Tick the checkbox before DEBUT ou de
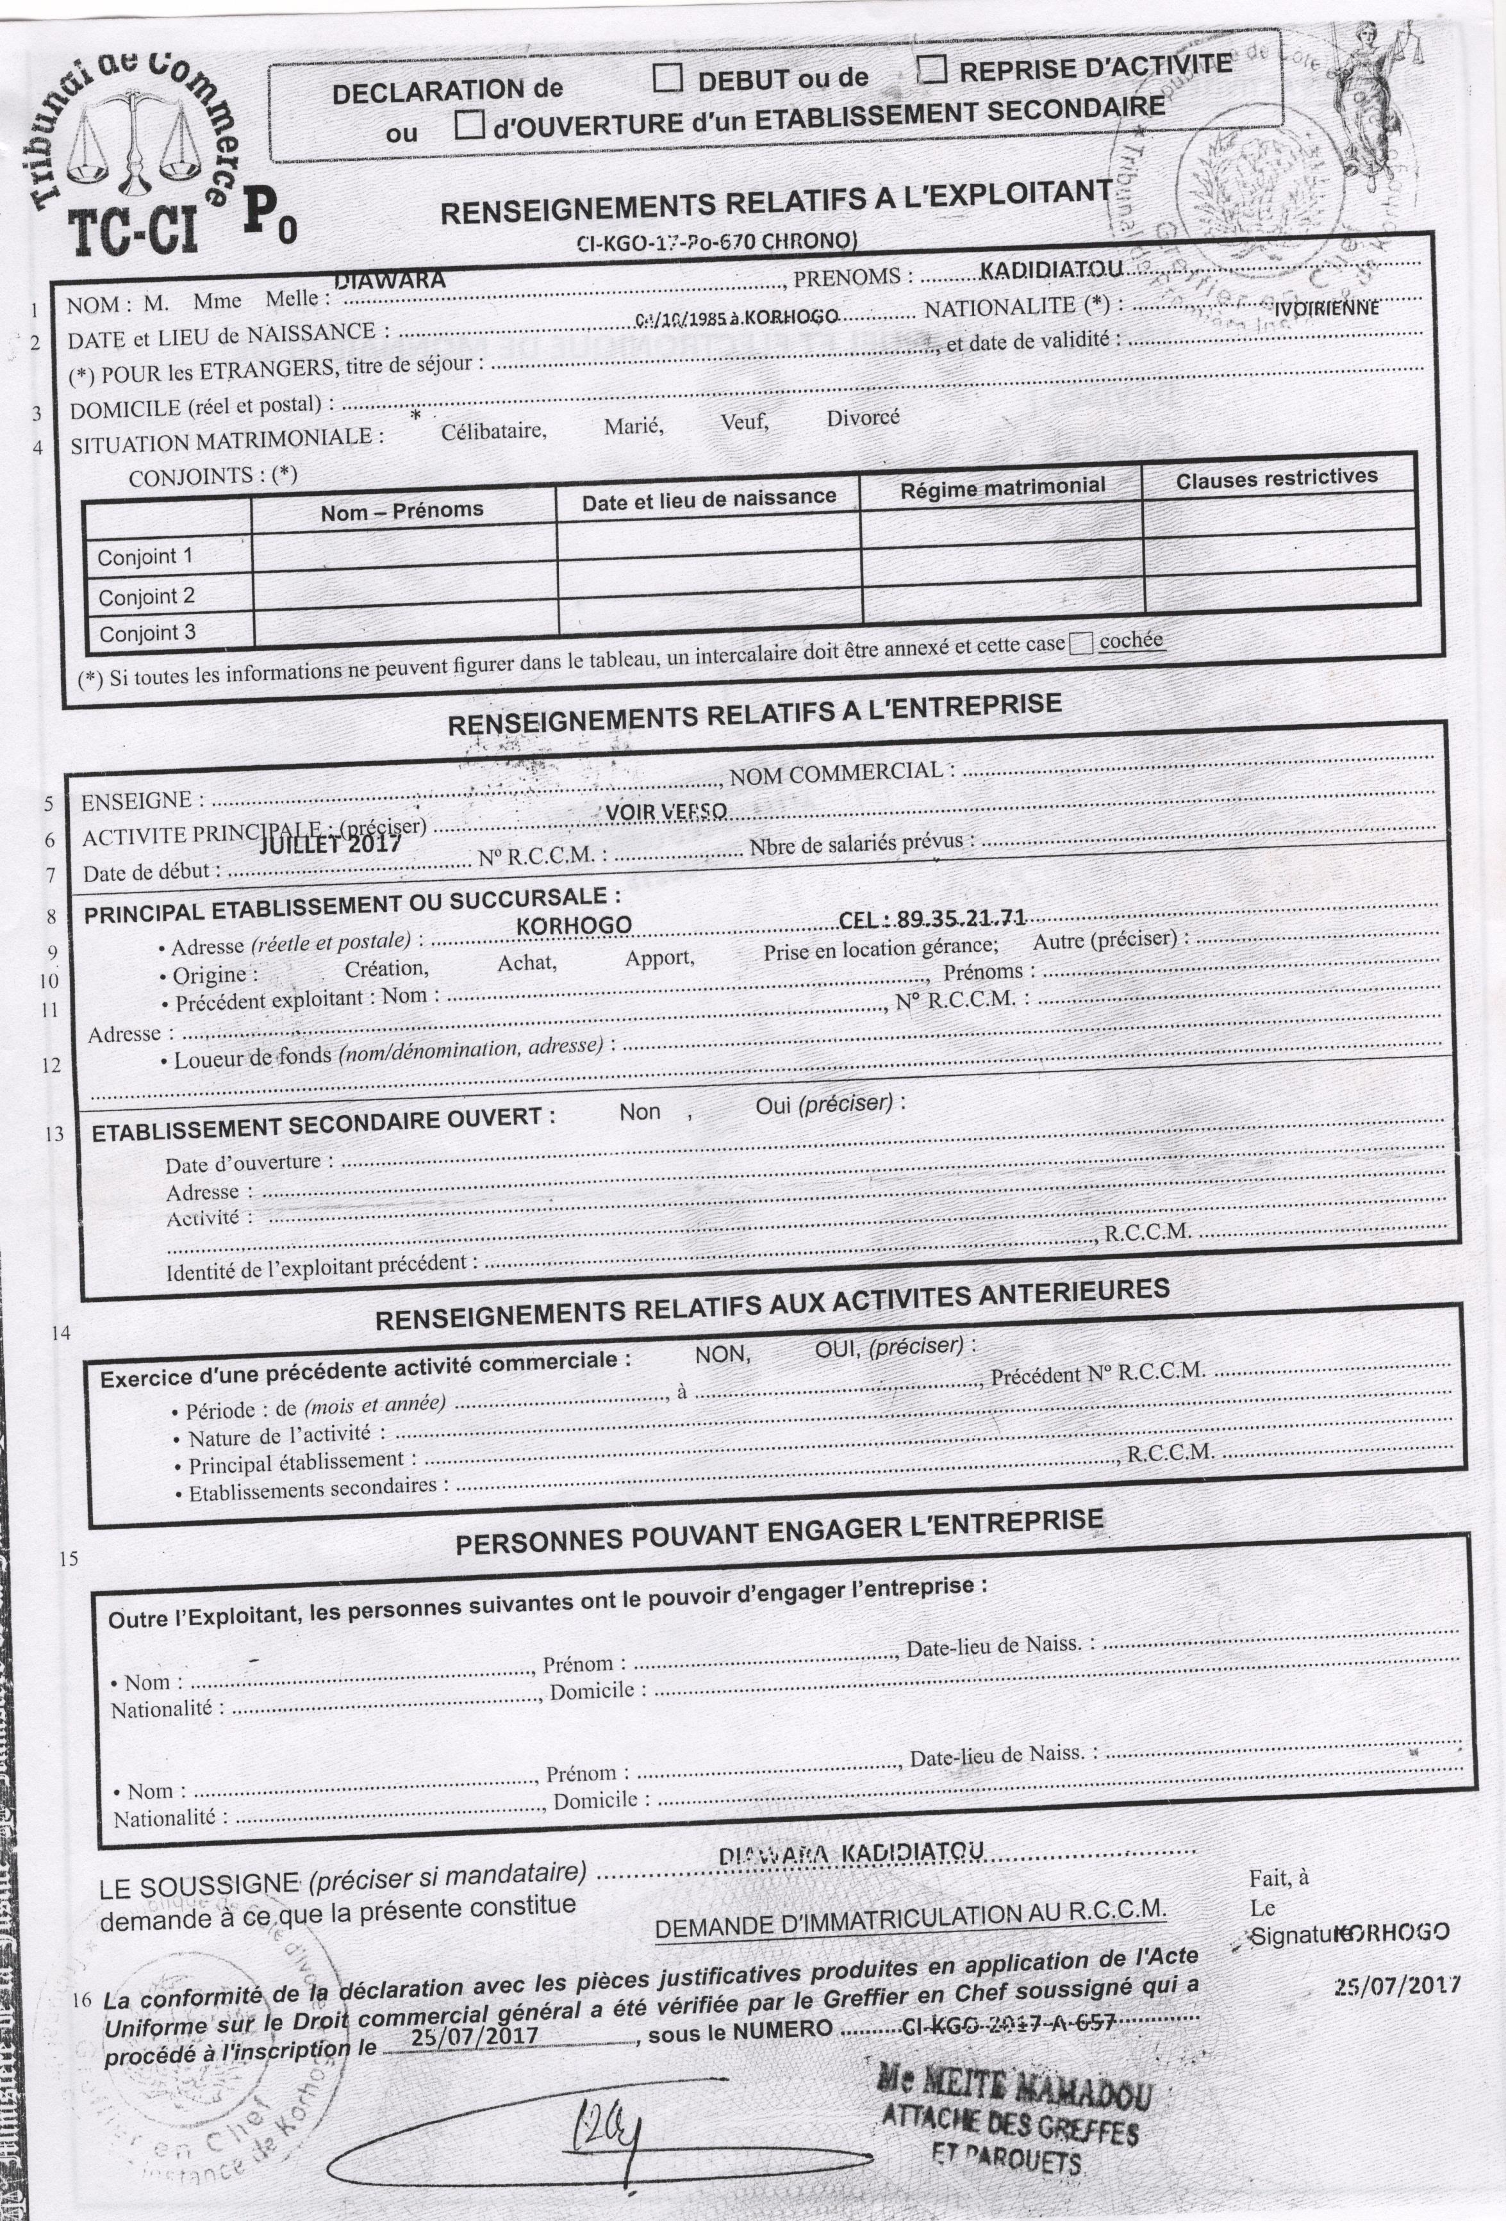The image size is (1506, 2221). tap(668, 78)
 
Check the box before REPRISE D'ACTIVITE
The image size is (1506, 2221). tap(932, 69)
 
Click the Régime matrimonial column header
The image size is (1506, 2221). tap(1002, 486)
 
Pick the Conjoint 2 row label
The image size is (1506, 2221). tap(147, 597)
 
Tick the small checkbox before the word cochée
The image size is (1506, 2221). tap(1080, 644)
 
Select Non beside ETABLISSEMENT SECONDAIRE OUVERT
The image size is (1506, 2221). tap(640, 1111)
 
